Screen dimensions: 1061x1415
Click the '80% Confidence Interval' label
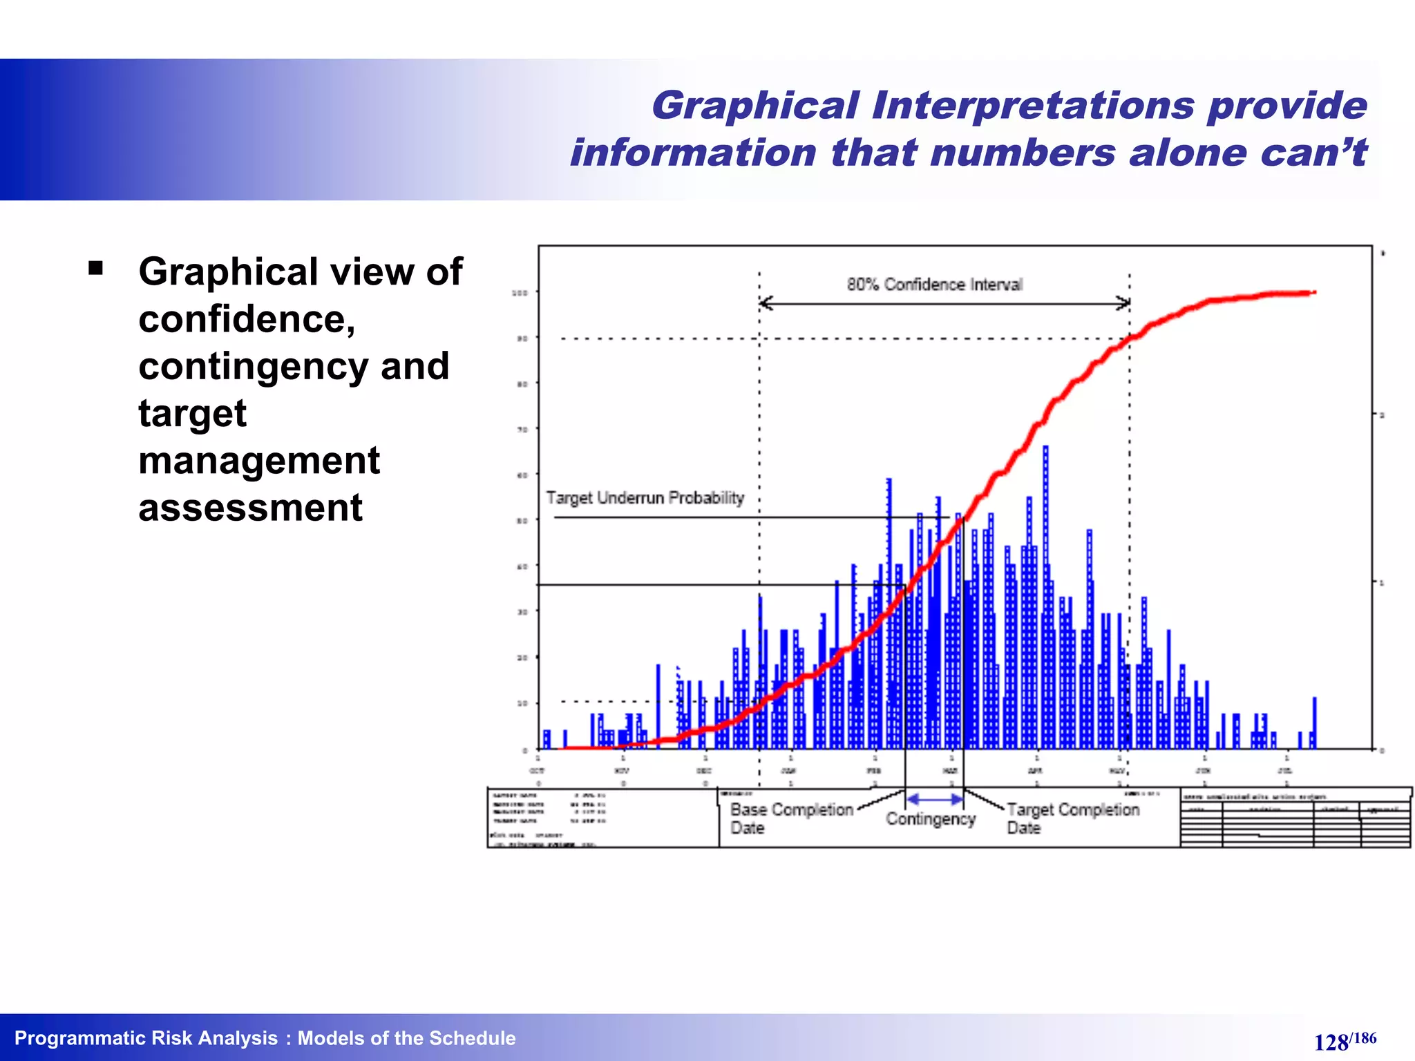tap(934, 285)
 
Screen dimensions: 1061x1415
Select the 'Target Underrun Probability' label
tap(645, 498)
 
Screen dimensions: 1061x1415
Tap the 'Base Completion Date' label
tap(791, 819)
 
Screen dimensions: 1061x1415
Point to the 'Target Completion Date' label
tap(1072, 819)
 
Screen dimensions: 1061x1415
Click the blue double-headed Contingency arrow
tap(934, 799)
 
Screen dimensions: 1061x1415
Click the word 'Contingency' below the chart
tap(930, 819)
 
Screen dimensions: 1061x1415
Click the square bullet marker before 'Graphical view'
tap(95, 267)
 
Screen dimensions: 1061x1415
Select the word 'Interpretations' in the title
tap(1032, 106)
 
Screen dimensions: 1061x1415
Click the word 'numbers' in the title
tap(1022, 153)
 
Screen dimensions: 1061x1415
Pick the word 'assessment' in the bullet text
tap(250, 508)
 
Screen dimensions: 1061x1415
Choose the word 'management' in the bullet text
tap(259, 461)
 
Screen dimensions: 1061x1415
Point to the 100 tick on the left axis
tap(520, 293)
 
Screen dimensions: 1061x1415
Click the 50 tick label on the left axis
tap(522, 521)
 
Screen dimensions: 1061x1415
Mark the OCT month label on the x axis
tap(537, 770)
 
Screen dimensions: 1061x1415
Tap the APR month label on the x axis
tap(1035, 770)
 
